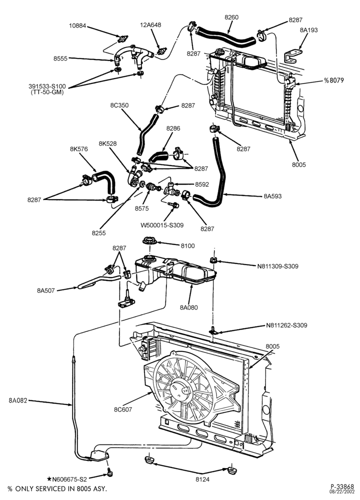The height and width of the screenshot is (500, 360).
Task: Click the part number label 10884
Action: [x=77, y=26]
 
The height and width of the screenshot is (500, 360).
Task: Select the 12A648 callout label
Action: [x=151, y=24]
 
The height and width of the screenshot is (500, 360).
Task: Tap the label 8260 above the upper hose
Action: [x=231, y=17]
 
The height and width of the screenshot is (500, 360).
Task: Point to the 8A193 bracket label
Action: [x=308, y=30]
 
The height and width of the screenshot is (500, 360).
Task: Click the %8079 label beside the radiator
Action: [x=334, y=80]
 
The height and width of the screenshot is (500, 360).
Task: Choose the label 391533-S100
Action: [x=47, y=86]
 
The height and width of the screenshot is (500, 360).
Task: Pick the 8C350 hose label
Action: [x=119, y=105]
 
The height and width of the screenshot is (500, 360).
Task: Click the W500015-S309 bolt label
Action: [x=162, y=225]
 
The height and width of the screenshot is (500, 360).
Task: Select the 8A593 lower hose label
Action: [x=272, y=196]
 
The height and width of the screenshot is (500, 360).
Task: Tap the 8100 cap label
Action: [x=187, y=246]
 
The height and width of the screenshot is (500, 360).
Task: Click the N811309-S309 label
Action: [x=277, y=266]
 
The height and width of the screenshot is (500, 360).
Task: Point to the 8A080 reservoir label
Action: [x=189, y=307]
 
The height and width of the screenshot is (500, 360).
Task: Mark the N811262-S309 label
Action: [x=286, y=325]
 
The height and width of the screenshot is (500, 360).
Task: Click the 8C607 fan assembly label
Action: [x=123, y=409]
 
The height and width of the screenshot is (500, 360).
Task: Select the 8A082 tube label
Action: [x=18, y=400]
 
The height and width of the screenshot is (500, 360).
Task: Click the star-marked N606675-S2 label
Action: [x=66, y=478]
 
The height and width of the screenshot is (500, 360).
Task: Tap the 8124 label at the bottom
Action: [x=202, y=479]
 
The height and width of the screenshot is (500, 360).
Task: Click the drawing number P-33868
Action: [x=342, y=487]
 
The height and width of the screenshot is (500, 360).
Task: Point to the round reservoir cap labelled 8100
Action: [x=149, y=241]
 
